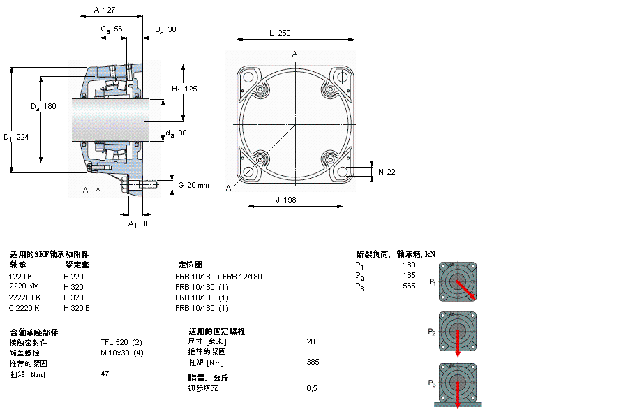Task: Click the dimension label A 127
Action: (x=104, y=10)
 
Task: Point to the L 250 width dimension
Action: (x=279, y=33)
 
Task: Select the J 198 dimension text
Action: (x=286, y=200)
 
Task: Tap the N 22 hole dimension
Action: (x=387, y=172)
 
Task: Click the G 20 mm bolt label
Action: (x=193, y=185)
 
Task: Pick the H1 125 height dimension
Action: (x=185, y=89)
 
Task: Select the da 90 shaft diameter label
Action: (x=177, y=133)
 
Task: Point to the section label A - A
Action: (x=91, y=190)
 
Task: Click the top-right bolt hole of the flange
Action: (x=342, y=76)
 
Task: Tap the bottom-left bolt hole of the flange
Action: (x=249, y=172)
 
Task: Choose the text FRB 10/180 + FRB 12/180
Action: (x=218, y=277)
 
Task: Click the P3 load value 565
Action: (x=409, y=286)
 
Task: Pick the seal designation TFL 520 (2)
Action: (x=121, y=341)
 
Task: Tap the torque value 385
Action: (x=313, y=362)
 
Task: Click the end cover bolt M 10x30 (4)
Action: (x=122, y=352)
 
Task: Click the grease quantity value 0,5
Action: (x=312, y=388)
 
